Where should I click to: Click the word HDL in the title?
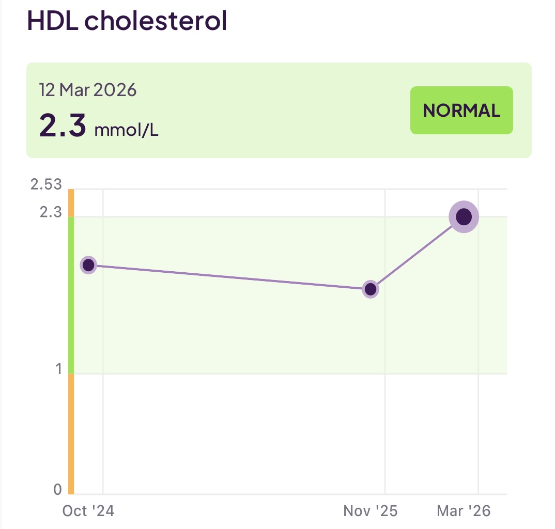[51, 20]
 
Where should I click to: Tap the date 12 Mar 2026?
[88, 90]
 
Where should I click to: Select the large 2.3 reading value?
[63, 126]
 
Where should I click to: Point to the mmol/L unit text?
[126, 130]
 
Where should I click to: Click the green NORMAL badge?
[461, 111]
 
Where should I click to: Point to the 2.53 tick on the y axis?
[46, 184]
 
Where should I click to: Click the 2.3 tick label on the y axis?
[51, 212]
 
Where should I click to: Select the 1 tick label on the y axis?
[58, 369]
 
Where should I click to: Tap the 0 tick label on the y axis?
[57, 489]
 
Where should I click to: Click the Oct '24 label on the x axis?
[88, 511]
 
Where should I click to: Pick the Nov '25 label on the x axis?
[371, 511]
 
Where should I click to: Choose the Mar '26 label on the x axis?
[464, 511]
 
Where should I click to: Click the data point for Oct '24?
[89, 265]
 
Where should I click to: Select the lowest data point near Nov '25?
[371, 289]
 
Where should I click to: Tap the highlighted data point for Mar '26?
[464, 217]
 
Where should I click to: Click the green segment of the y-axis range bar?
[71, 294]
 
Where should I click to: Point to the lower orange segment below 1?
[71, 434]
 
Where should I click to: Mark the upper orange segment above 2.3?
[71, 203]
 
